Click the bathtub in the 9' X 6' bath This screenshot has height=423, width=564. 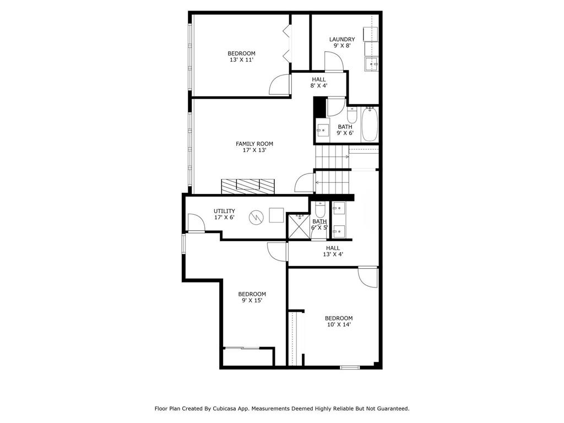370,124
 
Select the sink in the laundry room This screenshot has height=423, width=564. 372,64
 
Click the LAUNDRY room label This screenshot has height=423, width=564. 342,39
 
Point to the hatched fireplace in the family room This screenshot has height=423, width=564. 248,186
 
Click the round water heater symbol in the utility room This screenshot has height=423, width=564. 256,217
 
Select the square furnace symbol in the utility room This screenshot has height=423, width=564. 276,214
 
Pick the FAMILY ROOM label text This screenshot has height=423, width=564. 254,144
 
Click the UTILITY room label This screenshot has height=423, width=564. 224,211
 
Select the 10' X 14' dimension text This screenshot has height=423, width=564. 338,325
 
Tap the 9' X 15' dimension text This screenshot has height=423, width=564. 252,301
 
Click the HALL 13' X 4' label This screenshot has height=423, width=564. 333,251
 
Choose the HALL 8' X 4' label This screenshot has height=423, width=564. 319,82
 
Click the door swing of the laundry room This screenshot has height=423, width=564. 334,61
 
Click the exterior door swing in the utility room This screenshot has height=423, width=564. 195,223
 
